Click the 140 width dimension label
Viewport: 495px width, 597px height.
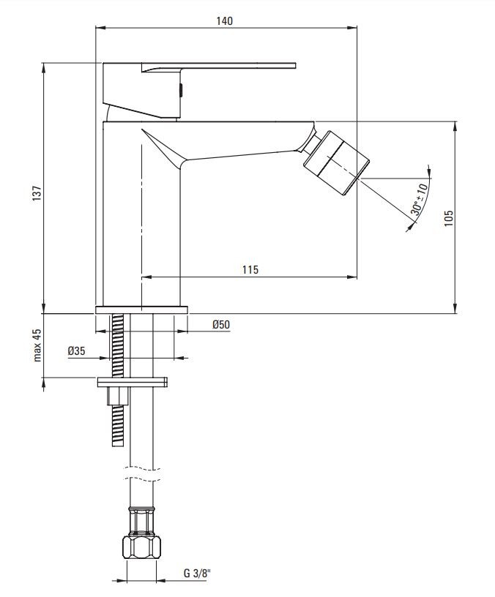click(225, 20)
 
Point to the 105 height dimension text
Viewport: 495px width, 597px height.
click(448, 217)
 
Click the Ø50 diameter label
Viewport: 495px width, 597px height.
click(221, 324)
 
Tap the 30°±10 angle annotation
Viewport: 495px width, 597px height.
click(420, 198)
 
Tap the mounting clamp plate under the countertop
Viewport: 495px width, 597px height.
click(133, 382)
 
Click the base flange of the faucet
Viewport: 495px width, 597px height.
click(142, 309)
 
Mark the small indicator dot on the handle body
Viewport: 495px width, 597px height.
click(181, 91)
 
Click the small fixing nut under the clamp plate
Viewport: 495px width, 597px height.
click(118, 396)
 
